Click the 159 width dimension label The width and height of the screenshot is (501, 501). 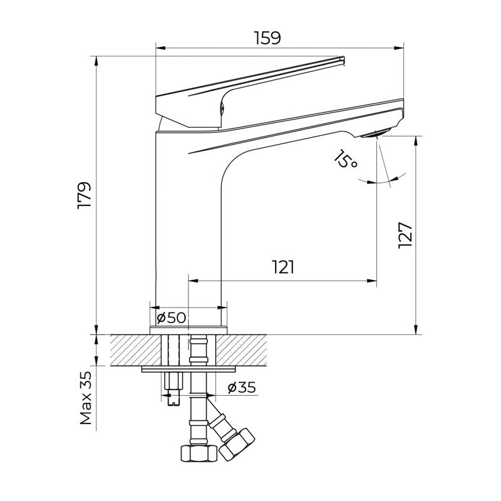[x=267, y=38]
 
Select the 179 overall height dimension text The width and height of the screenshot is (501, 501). [x=85, y=195]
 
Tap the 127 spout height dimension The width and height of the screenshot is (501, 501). [x=406, y=235]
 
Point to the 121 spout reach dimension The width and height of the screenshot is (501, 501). [x=283, y=267]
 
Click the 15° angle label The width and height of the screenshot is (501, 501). [x=344, y=160]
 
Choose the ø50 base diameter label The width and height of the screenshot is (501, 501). [x=172, y=318]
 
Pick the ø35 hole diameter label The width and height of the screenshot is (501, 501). [x=241, y=388]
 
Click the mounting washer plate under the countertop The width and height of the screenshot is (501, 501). [x=188, y=369]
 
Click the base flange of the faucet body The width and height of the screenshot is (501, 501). [x=188, y=330]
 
